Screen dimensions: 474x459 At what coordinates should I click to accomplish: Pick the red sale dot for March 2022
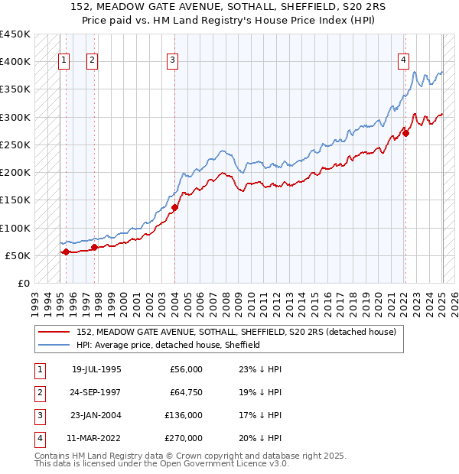(x=406, y=133)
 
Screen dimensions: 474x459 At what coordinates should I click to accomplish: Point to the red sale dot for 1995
(x=66, y=252)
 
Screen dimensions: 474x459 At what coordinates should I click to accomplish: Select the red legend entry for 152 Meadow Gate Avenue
(x=236, y=332)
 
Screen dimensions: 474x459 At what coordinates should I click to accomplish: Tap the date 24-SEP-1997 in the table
(x=96, y=393)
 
